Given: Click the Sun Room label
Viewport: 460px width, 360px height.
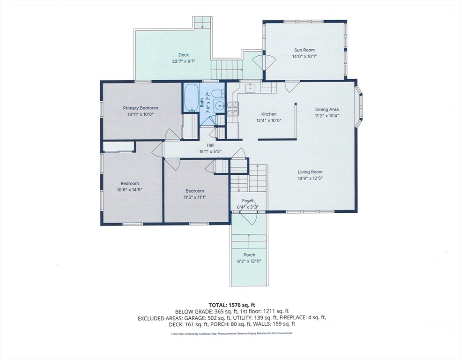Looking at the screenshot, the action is point(304,50).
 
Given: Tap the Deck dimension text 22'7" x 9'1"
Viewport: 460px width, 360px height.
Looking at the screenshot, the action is point(184,61).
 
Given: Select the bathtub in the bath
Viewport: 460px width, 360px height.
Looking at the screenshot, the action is point(191,98).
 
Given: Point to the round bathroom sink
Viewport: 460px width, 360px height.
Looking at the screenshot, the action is point(219,105).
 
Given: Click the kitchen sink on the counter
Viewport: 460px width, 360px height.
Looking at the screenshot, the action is point(250,87).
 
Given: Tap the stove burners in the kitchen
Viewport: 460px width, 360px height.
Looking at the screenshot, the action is point(232,108).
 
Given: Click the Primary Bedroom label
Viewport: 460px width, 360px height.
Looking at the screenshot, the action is point(141,108).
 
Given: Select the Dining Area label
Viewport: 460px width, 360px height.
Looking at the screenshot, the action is point(327,109).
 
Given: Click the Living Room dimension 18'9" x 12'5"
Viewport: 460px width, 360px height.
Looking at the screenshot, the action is point(311,178).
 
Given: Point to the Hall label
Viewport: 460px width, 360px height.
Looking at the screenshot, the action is point(210,145).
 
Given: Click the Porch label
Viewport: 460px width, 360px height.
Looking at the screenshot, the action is point(249,255).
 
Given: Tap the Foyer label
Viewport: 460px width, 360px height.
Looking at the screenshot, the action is point(248,201).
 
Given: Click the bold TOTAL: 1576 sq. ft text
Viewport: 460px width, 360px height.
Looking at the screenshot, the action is point(230,305).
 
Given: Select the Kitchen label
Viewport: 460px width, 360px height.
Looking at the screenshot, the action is point(269,114).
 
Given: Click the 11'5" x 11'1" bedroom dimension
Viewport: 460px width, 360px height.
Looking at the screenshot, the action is point(195,197).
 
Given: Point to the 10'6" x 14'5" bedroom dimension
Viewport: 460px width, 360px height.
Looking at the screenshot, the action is point(130,190).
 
